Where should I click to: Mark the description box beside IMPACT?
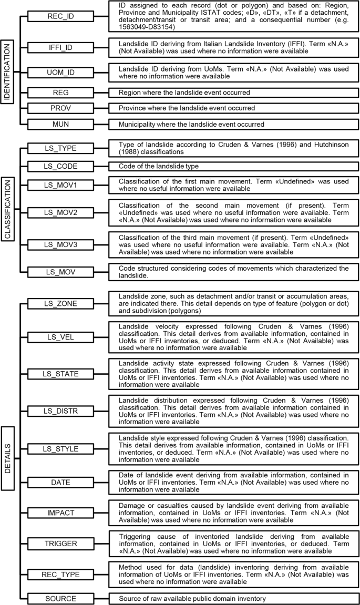point(229,512)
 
